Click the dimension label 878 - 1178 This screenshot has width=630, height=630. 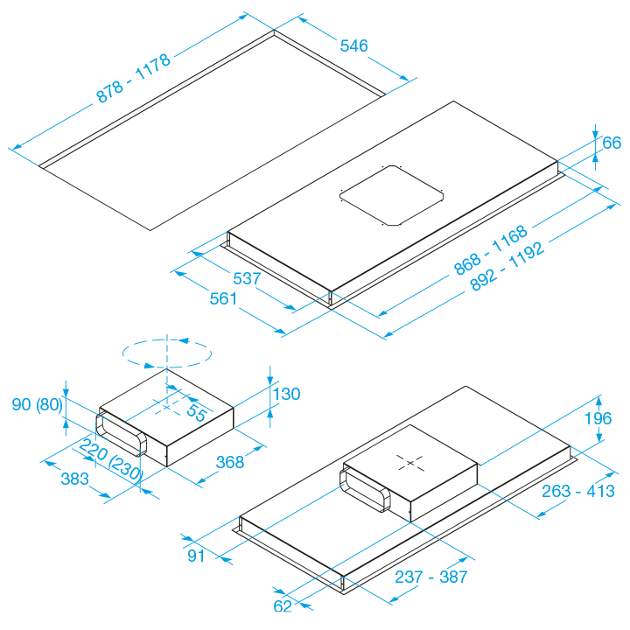pos(133,78)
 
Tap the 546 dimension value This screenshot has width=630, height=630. pos(353,45)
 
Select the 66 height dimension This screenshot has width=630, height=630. pos(612,143)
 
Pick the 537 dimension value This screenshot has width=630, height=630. pos(248,280)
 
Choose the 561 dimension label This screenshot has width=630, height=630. pos(224,299)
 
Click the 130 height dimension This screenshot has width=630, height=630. pos(286,395)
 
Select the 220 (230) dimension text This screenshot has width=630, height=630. pos(110,459)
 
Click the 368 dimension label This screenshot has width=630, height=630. pos(229,462)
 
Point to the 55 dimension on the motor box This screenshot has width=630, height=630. pos(196,414)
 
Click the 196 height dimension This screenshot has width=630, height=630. pos(599,418)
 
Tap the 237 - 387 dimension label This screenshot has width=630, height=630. pos(430,577)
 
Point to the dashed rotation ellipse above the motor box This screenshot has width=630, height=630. pos(166,354)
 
